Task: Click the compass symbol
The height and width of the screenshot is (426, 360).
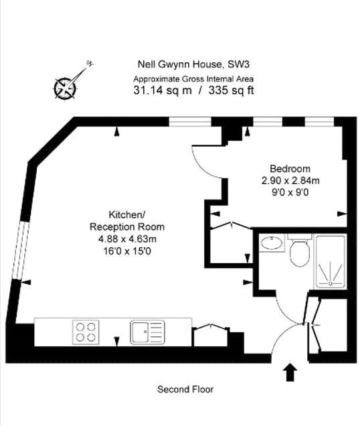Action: click(67, 85)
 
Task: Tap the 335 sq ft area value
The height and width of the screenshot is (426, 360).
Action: click(232, 90)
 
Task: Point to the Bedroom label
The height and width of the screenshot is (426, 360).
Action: click(290, 168)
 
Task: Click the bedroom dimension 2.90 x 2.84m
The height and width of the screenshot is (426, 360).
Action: click(290, 180)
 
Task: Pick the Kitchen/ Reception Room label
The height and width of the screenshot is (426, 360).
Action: click(126, 221)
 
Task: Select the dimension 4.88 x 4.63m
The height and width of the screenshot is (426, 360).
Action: click(126, 239)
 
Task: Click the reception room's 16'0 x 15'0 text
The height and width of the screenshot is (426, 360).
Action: click(126, 251)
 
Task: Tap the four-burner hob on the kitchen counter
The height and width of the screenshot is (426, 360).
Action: click(84, 332)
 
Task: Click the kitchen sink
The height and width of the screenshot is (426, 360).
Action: click(147, 331)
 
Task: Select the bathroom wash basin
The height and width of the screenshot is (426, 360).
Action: click(271, 242)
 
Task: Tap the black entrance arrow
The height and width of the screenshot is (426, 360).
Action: click(291, 371)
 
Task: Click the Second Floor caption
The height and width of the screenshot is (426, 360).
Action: click(185, 389)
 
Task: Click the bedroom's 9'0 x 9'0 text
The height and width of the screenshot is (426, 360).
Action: click(290, 192)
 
